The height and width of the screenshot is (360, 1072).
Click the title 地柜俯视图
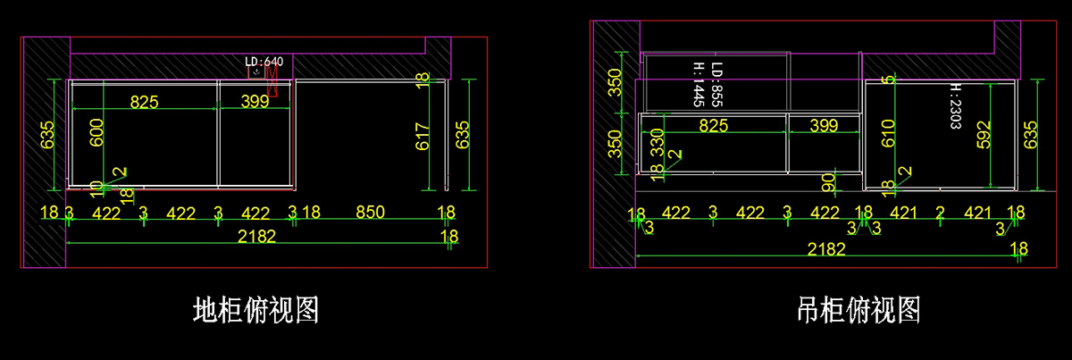pyautogui.click(x=255, y=310)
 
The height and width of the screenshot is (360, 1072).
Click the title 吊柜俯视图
pyautogui.click(x=858, y=310)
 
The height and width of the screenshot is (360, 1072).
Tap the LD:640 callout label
pyautogui.click(x=264, y=62)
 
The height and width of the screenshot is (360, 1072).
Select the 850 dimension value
pyautogui.click(x=370, y=213)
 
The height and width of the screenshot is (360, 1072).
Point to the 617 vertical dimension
pyautogui.click(x=423, y=135)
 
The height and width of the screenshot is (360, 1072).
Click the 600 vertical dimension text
pyautogui.click(x=97, y=135)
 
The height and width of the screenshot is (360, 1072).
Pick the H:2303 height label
pyautogui.click(x=955, y=108)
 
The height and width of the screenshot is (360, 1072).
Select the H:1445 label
pyautogui.click(x=699, y=85)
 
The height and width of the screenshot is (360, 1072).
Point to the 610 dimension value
pyautogui.click(x=887, y=134)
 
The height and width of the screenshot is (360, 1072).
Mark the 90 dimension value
pyautogui.click(x=828, y=182)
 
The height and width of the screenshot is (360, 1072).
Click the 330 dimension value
pyautogui.click(x=657, y=143)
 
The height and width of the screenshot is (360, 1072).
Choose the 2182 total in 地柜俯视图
pyautogui.click(x=255, y=237)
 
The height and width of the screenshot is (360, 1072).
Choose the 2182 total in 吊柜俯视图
pyautogui.click(x=826, y=249)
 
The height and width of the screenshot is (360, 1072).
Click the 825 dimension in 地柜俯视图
pyautogui.click(x=145, y=102)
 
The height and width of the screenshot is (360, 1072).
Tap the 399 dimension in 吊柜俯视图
pyautogui.click(x=823, y=126)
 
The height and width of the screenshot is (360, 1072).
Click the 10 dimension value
pyautogui.click(x=96, y=188)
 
